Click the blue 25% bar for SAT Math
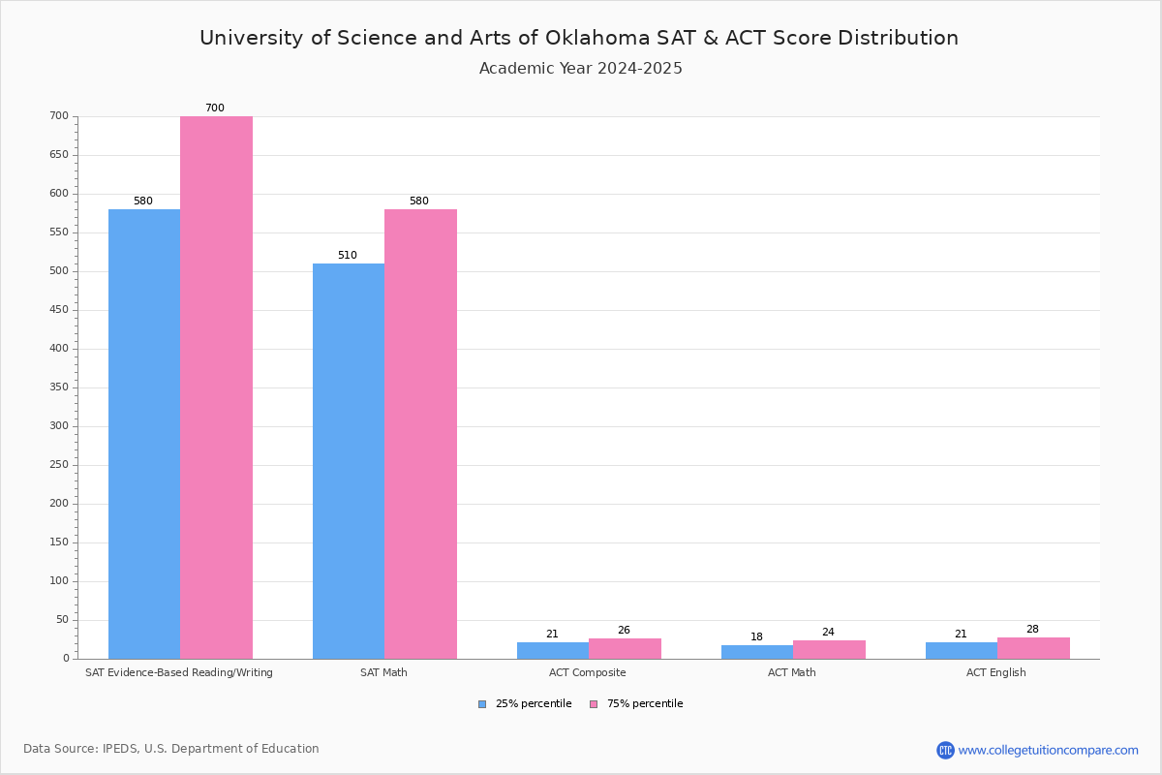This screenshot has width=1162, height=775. coord(349,461)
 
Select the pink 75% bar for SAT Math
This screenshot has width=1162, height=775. coord(420,434)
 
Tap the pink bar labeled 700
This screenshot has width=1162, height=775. coord(216,387)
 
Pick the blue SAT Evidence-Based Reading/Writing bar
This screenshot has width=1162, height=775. coord(144,434)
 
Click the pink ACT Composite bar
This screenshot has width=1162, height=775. coord(626,649)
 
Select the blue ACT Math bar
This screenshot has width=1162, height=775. coord(757,652)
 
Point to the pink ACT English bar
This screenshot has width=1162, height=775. coord(1034,648)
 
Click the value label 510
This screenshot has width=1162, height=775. coord(348,255)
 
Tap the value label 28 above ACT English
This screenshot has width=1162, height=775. coord(1032,629)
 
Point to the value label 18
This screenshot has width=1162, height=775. coord(756,636)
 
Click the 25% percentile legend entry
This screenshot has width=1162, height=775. coord(525,703)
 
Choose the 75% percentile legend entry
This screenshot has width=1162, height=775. coord(636,703)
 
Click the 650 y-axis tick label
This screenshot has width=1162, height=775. coord(59,154)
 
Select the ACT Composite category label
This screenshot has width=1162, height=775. coord(587,672)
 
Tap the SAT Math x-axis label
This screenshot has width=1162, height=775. coord(383,672)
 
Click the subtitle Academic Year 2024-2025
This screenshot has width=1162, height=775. coord(580,68)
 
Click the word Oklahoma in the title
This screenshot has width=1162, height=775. coord(597,38)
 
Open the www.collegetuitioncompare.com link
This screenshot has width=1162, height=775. coord(1048,750)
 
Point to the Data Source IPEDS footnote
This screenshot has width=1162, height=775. coord(171,749)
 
